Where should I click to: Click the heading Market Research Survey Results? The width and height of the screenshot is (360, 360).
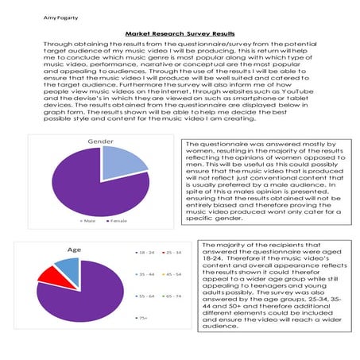coord(180,35)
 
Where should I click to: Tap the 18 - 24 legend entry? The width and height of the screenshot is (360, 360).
coord(148,252)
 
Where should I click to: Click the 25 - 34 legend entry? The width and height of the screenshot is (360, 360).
coord(173,252)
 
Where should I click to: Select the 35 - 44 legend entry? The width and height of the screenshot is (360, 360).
coord(148,273)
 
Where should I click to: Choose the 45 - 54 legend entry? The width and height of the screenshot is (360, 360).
coord(173,273)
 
